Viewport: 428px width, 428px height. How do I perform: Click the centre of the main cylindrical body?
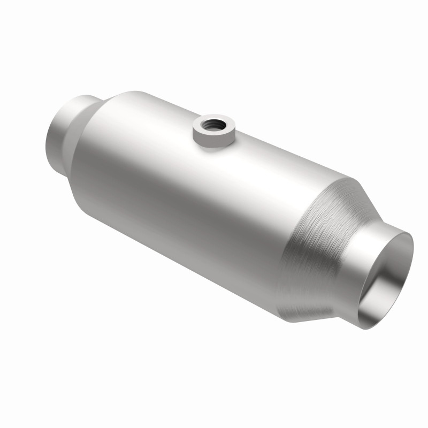[x=187, y=198]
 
